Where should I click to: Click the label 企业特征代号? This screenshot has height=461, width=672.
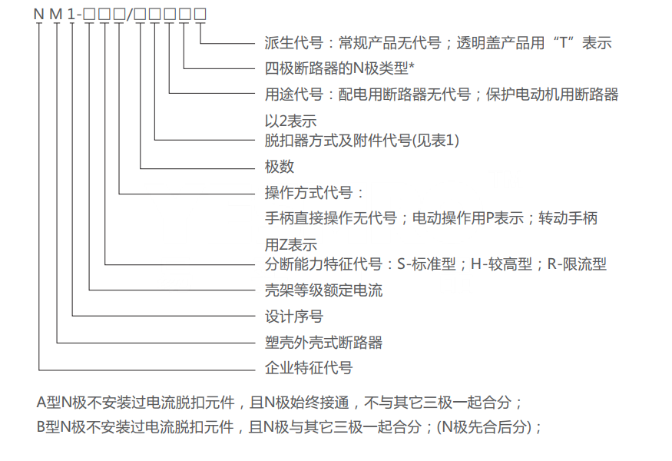click(309, 368)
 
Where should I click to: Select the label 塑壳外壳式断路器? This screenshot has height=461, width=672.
click(323, 342)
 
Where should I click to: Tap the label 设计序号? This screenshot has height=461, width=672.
click(294, 317)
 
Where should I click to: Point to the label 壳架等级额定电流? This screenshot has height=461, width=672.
click(323, 290)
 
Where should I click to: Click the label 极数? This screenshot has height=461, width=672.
click(280, 167)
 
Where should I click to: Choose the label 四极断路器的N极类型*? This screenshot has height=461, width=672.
click(339, 68)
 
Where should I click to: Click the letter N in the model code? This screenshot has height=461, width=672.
click(38, 14)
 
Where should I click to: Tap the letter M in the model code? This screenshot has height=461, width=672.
click(56, 14)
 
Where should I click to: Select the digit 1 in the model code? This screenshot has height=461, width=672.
click(71, 14)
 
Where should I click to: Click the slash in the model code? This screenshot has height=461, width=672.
click(130, 14)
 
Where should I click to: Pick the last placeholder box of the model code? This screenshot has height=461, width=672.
click(200, 14)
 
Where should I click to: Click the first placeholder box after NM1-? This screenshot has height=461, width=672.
click(89, 14)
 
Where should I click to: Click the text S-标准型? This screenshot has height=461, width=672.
click(426, 264)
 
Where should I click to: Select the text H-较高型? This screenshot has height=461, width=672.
click(502, 264)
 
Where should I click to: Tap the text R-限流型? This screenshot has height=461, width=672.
click(577, 264)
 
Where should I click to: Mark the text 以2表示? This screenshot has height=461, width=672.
click(290, 121)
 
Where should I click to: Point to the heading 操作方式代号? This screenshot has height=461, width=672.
click(309, 193)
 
